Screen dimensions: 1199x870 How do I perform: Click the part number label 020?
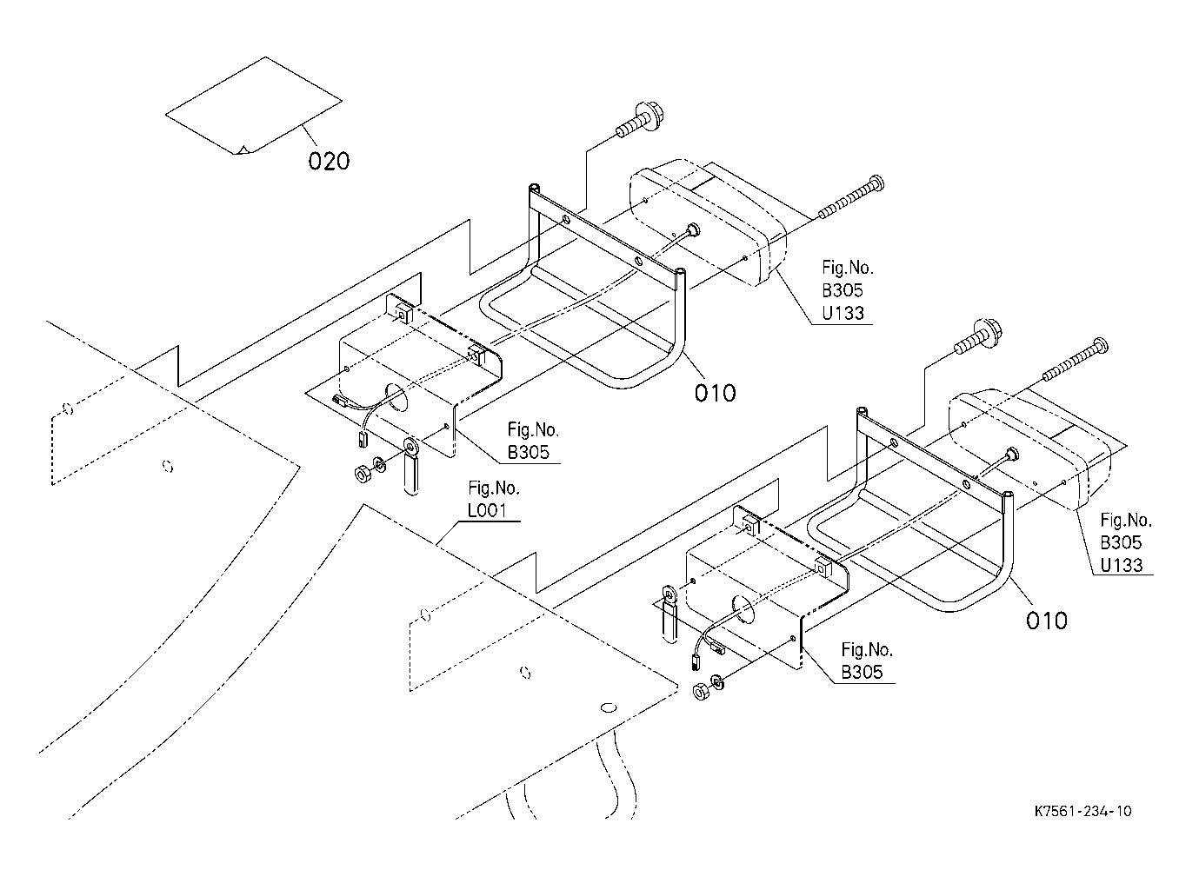(329, 161)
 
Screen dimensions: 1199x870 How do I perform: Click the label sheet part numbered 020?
(254, 106)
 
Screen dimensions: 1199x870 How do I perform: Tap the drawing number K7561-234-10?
(1082, 812)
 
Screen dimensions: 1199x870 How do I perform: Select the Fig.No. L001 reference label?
(494, 499)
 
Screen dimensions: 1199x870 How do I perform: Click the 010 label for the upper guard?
(715, 393)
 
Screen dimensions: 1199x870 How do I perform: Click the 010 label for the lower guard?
(1047, 621)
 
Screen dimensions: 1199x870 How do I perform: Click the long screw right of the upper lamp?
(851, 198)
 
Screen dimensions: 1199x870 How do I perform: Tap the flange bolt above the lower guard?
(978, 337)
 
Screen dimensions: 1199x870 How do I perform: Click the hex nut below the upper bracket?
(363, 473)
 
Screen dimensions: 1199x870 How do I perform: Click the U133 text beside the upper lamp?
(843, 313)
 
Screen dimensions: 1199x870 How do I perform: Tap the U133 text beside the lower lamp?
(1122, 565)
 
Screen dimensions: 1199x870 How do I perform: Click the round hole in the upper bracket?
(395, 397)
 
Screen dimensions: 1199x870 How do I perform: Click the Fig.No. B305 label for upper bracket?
(533, 441)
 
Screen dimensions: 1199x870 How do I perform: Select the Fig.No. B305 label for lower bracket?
(867, 661)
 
